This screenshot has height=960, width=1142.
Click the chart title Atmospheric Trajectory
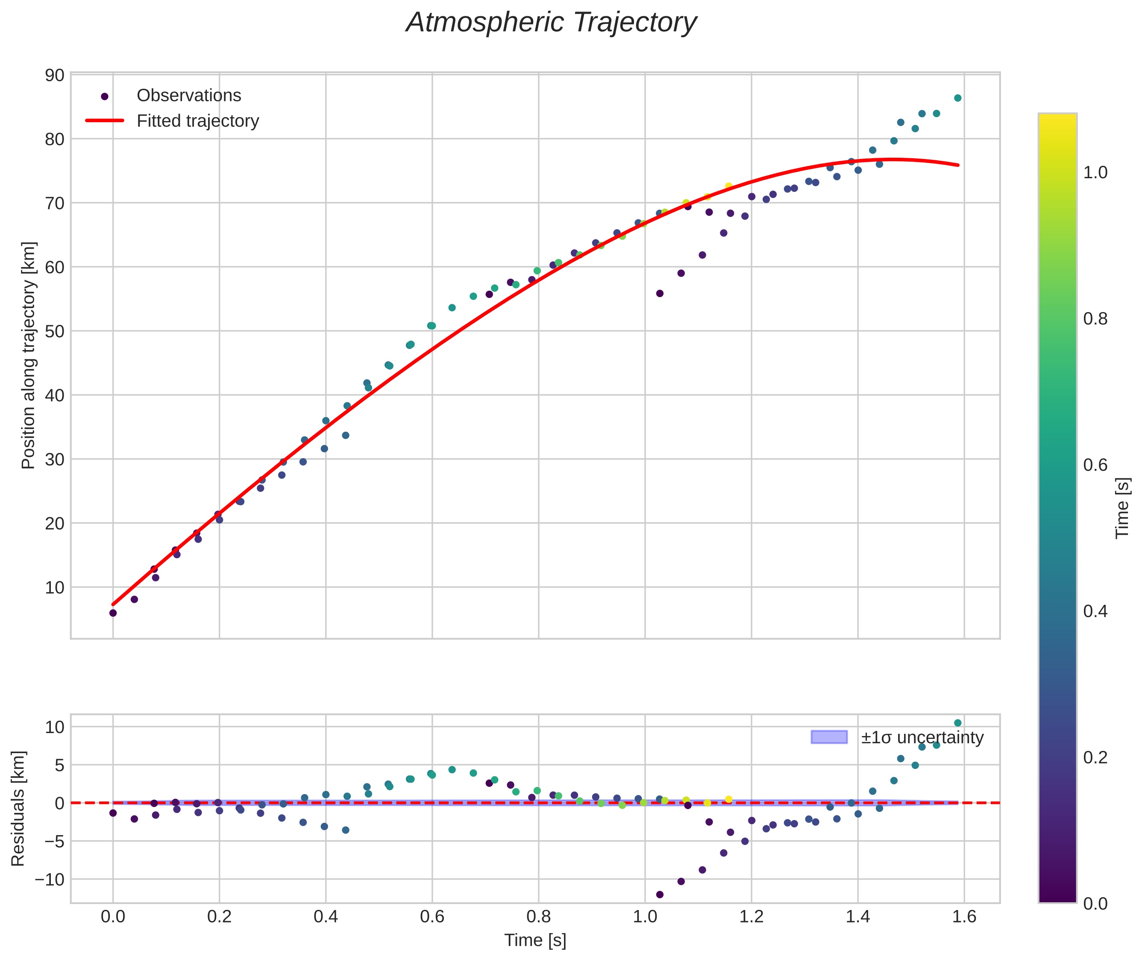[551, 23]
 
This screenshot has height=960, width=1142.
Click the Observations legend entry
[188, 96]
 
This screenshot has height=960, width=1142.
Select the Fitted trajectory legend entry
[197, 121]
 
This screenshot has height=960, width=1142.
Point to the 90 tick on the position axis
[54, 75]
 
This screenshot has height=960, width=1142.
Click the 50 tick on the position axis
[54, 331]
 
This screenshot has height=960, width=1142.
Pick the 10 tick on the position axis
[54, 587]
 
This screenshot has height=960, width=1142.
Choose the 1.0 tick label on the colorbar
[1095, 173]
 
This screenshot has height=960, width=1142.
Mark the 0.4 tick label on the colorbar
[1095, 611]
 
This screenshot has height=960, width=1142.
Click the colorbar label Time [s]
[1122, 508]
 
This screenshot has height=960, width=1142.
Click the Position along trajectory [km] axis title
[28, 355]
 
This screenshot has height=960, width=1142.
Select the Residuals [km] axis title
[18, 809]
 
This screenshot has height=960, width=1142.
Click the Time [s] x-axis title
[535, 940]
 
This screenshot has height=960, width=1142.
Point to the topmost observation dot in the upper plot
[957, 98]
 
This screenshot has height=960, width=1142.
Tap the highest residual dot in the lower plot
[957, 723]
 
